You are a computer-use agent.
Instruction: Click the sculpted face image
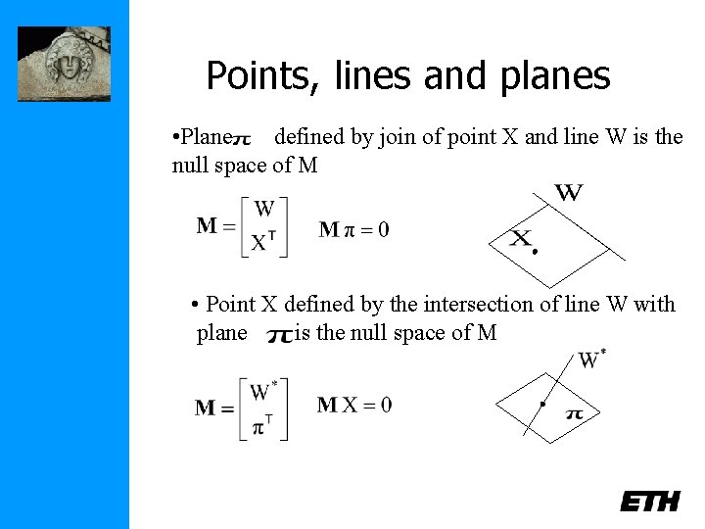point(64,64)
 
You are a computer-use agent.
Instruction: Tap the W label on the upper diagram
point(569,192)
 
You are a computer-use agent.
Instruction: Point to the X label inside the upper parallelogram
point(522,238)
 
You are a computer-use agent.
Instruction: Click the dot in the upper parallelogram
point(536,252)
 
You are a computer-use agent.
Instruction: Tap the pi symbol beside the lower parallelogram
point(575,414)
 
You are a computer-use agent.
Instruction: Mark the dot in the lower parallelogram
point(542,404)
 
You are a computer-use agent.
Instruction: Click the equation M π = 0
point(353,230)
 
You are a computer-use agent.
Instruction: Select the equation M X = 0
point(354,405)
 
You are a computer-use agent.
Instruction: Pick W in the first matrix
point(263,209)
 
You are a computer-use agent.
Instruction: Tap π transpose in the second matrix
point(262,427)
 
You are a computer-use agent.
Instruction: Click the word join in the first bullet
point(399,137)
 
